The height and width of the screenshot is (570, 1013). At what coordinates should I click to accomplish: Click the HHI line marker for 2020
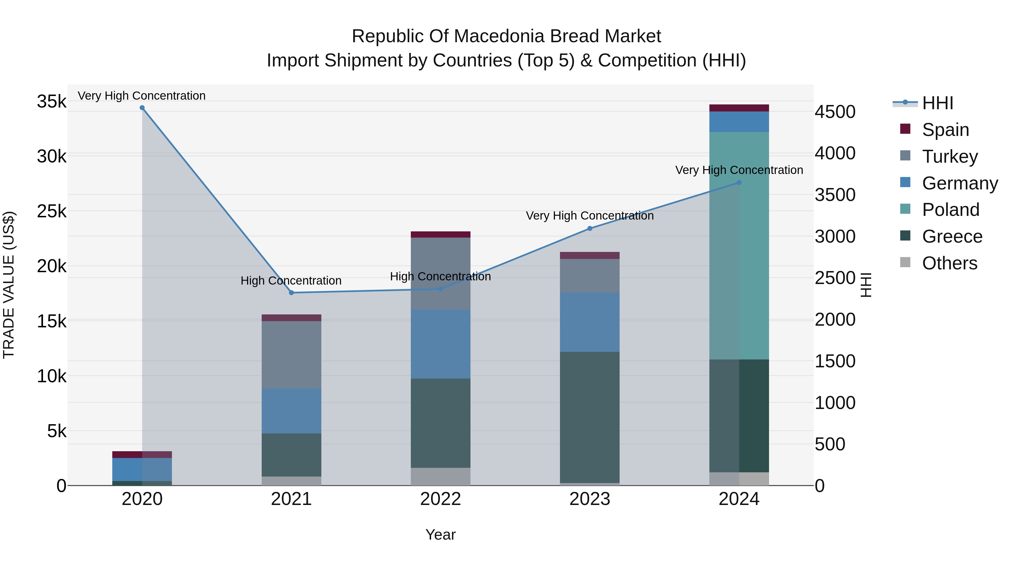pyautogui.click(x=142, y=108)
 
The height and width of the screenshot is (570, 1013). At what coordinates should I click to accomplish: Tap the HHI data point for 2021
pyautogui.click(x=292, y=293)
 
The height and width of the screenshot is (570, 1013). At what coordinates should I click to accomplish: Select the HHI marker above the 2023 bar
pyautogui.click(x=590, y=229)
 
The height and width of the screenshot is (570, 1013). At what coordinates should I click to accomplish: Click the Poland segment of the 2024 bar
pyautogui.click(x=739, y=246)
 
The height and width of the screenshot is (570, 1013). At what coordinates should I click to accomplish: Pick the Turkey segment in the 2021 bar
pyautogui.click(x=292, y=355)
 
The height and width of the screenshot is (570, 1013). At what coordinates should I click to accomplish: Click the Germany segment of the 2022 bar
pyautogui.click(x=440, y=344)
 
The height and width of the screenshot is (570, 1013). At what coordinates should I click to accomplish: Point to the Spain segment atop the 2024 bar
pyautogui.click(x=739, y=108)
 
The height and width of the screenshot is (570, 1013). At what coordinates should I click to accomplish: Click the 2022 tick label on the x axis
pyautogui.click(x=440, y=499)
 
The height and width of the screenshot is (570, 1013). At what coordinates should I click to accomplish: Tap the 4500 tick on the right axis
pyautogui.click(x=835, y=112)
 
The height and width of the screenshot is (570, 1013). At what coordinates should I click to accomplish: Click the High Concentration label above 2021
pyautogui.click(x=291, y=281)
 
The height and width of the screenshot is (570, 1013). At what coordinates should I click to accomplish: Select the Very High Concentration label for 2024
pyautogui.click(x=739, y=170)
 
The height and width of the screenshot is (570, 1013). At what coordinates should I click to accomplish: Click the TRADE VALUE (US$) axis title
pyautogui.click(x=9, y=285)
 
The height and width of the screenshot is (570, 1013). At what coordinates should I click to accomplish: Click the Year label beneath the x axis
pyautogui.click(x=440, y=535)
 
